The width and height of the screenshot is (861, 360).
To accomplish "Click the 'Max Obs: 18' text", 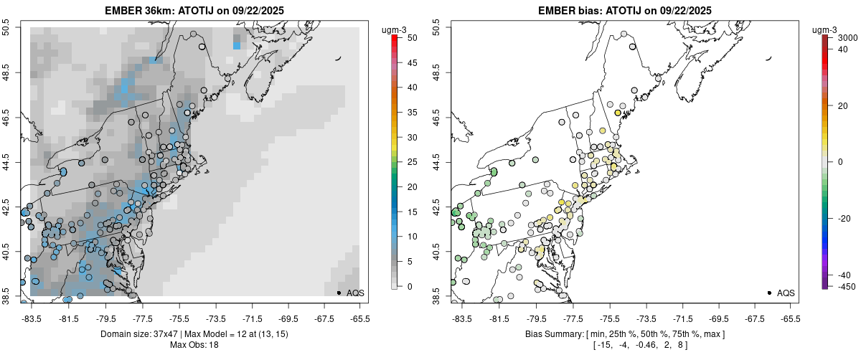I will [194, 345].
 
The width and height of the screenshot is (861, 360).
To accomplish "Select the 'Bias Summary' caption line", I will [625, 334].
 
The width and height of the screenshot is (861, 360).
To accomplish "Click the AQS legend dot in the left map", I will [339, 293].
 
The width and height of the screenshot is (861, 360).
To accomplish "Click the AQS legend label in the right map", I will [786, 293].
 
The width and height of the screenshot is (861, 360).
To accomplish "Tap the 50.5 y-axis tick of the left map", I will [9, 29].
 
